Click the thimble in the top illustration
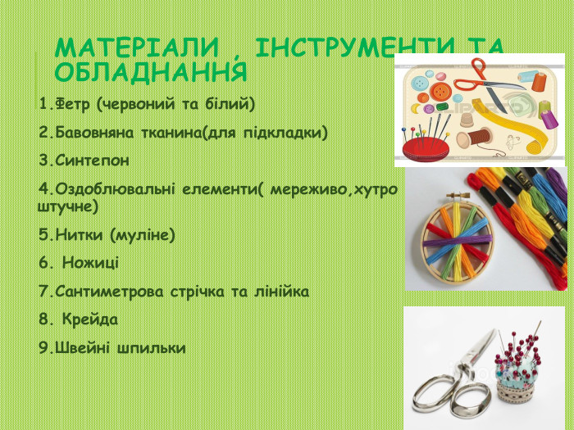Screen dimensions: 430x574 [x=466, y=119]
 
